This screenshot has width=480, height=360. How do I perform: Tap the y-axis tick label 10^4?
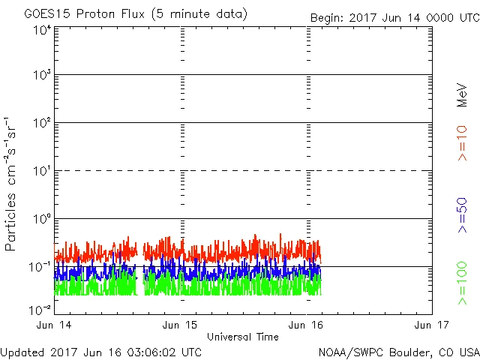point(41,29)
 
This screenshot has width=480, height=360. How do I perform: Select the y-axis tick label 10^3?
point(41,76)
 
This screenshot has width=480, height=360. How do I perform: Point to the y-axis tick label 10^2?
point(41,124)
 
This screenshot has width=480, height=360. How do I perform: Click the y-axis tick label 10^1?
point(41,172)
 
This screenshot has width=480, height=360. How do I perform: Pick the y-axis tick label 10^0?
point(41,220)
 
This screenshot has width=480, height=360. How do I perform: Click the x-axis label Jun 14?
point(55,325)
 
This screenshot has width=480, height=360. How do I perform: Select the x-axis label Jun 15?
point(181,325)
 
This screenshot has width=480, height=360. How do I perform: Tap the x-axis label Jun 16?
point(306,325)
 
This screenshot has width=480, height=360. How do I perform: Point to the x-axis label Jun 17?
point(431,325)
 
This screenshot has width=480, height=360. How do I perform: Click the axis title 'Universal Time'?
point(242,337)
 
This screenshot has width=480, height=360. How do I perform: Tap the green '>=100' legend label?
point(462,284)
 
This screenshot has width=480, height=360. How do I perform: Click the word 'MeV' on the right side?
point(462,95)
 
